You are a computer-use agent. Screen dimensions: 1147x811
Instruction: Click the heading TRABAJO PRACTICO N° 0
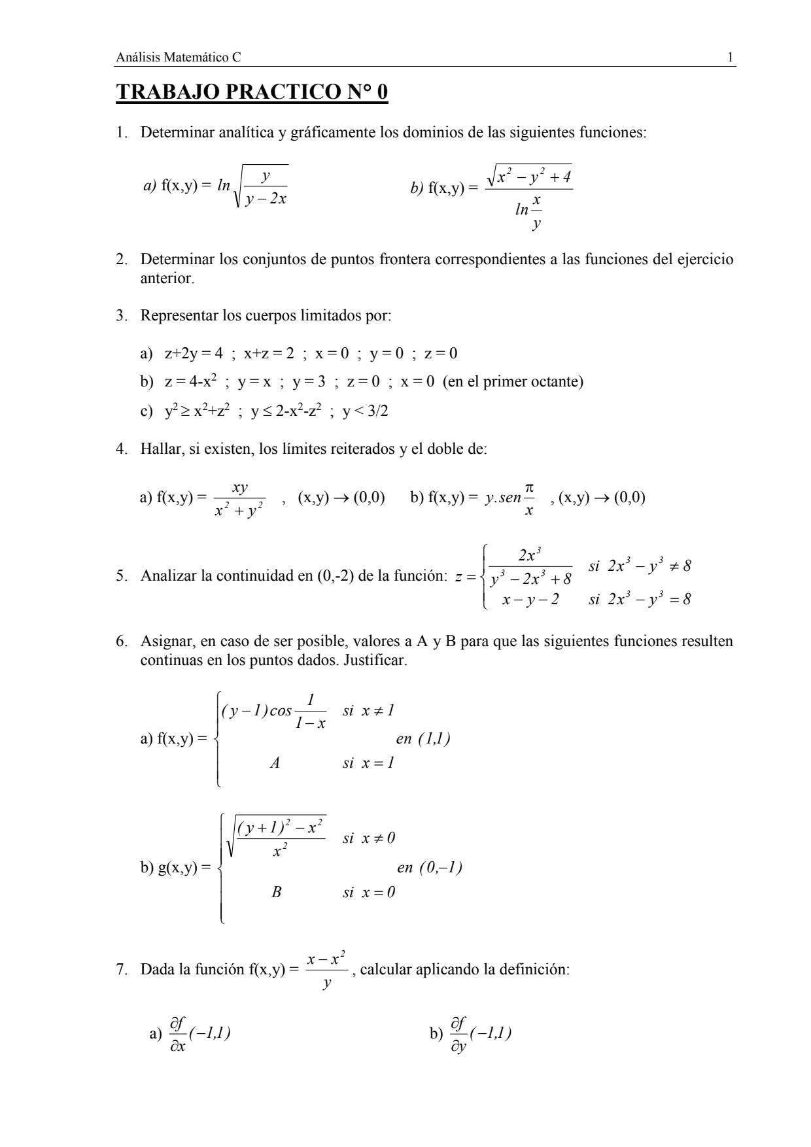click(252, 93)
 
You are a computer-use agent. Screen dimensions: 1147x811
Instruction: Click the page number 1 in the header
click(730, 58)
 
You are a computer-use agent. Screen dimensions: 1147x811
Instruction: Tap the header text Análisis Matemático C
click(178, 58)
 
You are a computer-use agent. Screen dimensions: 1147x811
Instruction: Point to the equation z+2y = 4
click(194, 354)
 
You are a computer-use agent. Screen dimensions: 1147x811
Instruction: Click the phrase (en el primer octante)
click(513, 381)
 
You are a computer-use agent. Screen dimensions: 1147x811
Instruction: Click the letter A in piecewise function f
click(275, 762)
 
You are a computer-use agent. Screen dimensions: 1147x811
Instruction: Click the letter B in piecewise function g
click(276, 892)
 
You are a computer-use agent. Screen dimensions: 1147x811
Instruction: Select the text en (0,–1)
click(429, 868)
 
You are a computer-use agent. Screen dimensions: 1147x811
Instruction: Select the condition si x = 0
click(369, 892)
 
